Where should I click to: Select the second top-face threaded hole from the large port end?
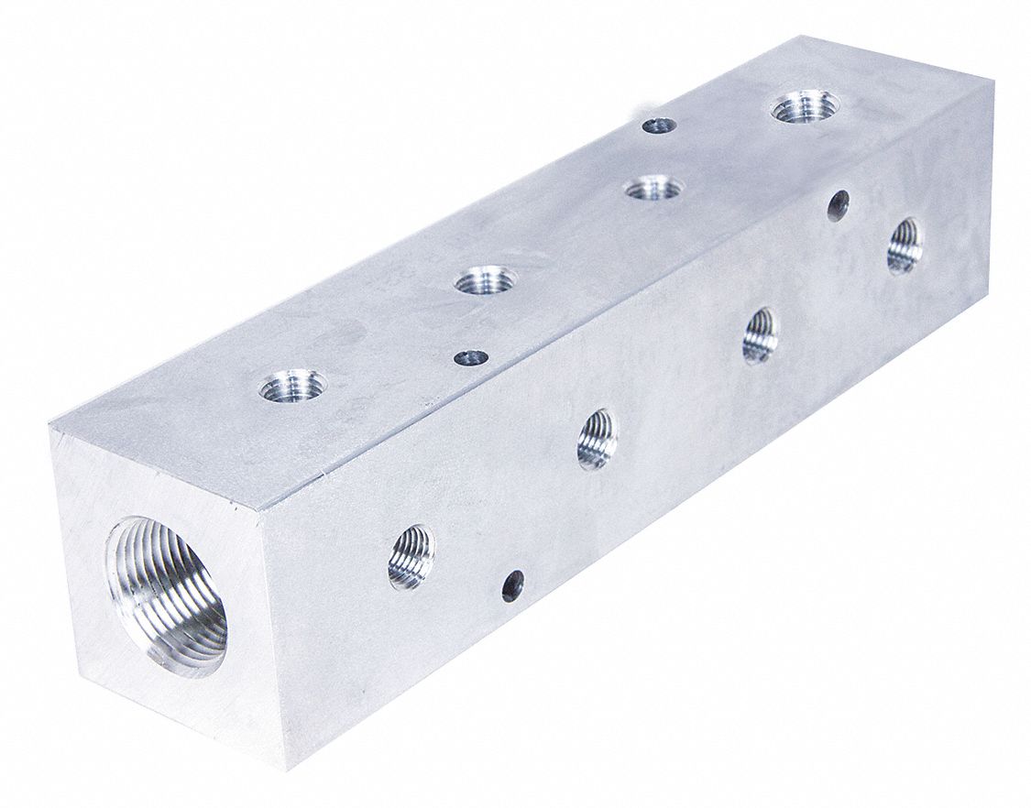pos(485,279)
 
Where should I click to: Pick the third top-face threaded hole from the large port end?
pos(654,189)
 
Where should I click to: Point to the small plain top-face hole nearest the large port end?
pos(472,356)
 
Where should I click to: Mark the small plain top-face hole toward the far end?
pos(659,126)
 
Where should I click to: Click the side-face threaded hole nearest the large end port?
pos(411,556)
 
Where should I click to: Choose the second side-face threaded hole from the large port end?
pos(597,439)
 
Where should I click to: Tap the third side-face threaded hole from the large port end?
pos(760,335)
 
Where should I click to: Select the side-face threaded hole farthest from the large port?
pos(905,245)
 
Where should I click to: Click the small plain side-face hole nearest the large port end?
pos(513,581)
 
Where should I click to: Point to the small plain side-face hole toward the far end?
pos(838,204)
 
